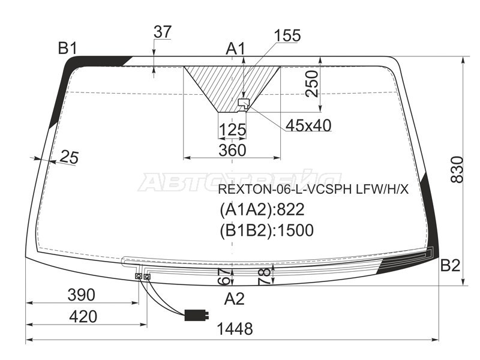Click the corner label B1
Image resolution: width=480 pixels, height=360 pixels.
click(x=67, y=48)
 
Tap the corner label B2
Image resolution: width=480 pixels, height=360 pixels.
click(x=450, y=265)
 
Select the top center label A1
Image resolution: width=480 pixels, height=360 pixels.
click(x=235, y=49)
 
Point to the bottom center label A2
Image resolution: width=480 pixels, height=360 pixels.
click(x=234, y=298)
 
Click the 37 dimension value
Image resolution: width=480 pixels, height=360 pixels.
click(x=163, y=32)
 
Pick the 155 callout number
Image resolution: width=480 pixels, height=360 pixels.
click(x=287, y=35)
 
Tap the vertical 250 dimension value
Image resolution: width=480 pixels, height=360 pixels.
click(x=312, y=83)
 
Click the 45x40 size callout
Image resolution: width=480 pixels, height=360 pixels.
click(x=308, y=125)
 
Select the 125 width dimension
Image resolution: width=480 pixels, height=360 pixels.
click(x=233, y=130)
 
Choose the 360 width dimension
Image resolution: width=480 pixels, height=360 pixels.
click(x=232, y=151)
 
